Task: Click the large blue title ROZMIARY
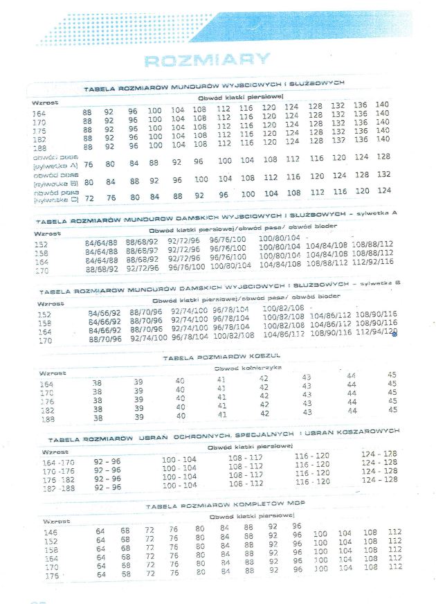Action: click(x=197, y=60)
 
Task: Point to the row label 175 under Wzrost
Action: click(x=39, y=130)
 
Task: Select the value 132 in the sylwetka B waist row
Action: click(x=384, y=175)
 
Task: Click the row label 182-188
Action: click(x=58, y=488)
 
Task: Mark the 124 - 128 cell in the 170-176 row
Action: click(x=380, y=462)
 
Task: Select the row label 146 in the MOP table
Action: click(x=51, y=533)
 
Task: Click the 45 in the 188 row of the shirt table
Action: click(x=392, y=410)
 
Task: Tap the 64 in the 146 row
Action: click(x=100, y=531)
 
